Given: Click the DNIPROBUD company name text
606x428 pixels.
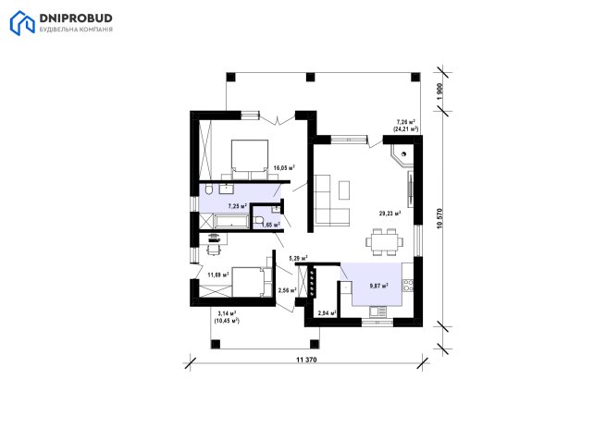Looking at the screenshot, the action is pyautogui.click(x=76, y=18).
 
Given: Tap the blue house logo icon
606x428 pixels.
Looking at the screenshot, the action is pyautogui.click(x=22, y=23).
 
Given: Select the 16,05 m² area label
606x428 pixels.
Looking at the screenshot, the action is pyautogui.click(x=284, y=167).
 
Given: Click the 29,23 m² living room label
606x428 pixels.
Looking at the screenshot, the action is pyautogui.click(x=390, y=213).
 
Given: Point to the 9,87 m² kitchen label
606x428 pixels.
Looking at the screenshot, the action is pyautogui.click(x=378, y=286).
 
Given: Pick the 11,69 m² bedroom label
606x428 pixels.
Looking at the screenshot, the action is pyautogui.click(x=218, y=275).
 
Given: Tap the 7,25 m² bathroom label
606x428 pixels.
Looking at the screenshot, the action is pyautogui.click(x=237, y=206).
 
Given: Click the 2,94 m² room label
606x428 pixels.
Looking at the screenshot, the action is pyautogui.click(x=327, y=312).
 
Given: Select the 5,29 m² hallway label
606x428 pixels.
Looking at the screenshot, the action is pyautogui.click(x=298, y=258).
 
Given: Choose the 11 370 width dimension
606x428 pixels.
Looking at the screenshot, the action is pyautogui.click(x=306, y=360).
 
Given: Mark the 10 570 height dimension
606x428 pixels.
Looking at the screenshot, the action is pyautogui.click(x=439, y=219).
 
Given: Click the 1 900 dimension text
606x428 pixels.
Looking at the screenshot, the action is pyautogui.click(x=439, y=92).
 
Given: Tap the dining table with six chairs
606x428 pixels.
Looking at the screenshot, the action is pyautogui.click(x=385, y=242).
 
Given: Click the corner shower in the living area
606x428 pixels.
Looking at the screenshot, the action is pyautogui.click(x=402, y=155).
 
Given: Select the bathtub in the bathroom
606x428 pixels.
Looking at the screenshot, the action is pyautogui.click(x=231, y=222).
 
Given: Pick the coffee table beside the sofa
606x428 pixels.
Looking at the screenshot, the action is pyautogui.click(x=344, y=190).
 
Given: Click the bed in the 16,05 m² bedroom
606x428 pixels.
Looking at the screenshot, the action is pyautogui.click(x=250, y=155).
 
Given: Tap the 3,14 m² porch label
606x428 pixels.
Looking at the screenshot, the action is pyautogui.click(x=227, y=317).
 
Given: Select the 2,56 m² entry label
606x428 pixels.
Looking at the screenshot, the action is pyautogui.click(x=287, y=290).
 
